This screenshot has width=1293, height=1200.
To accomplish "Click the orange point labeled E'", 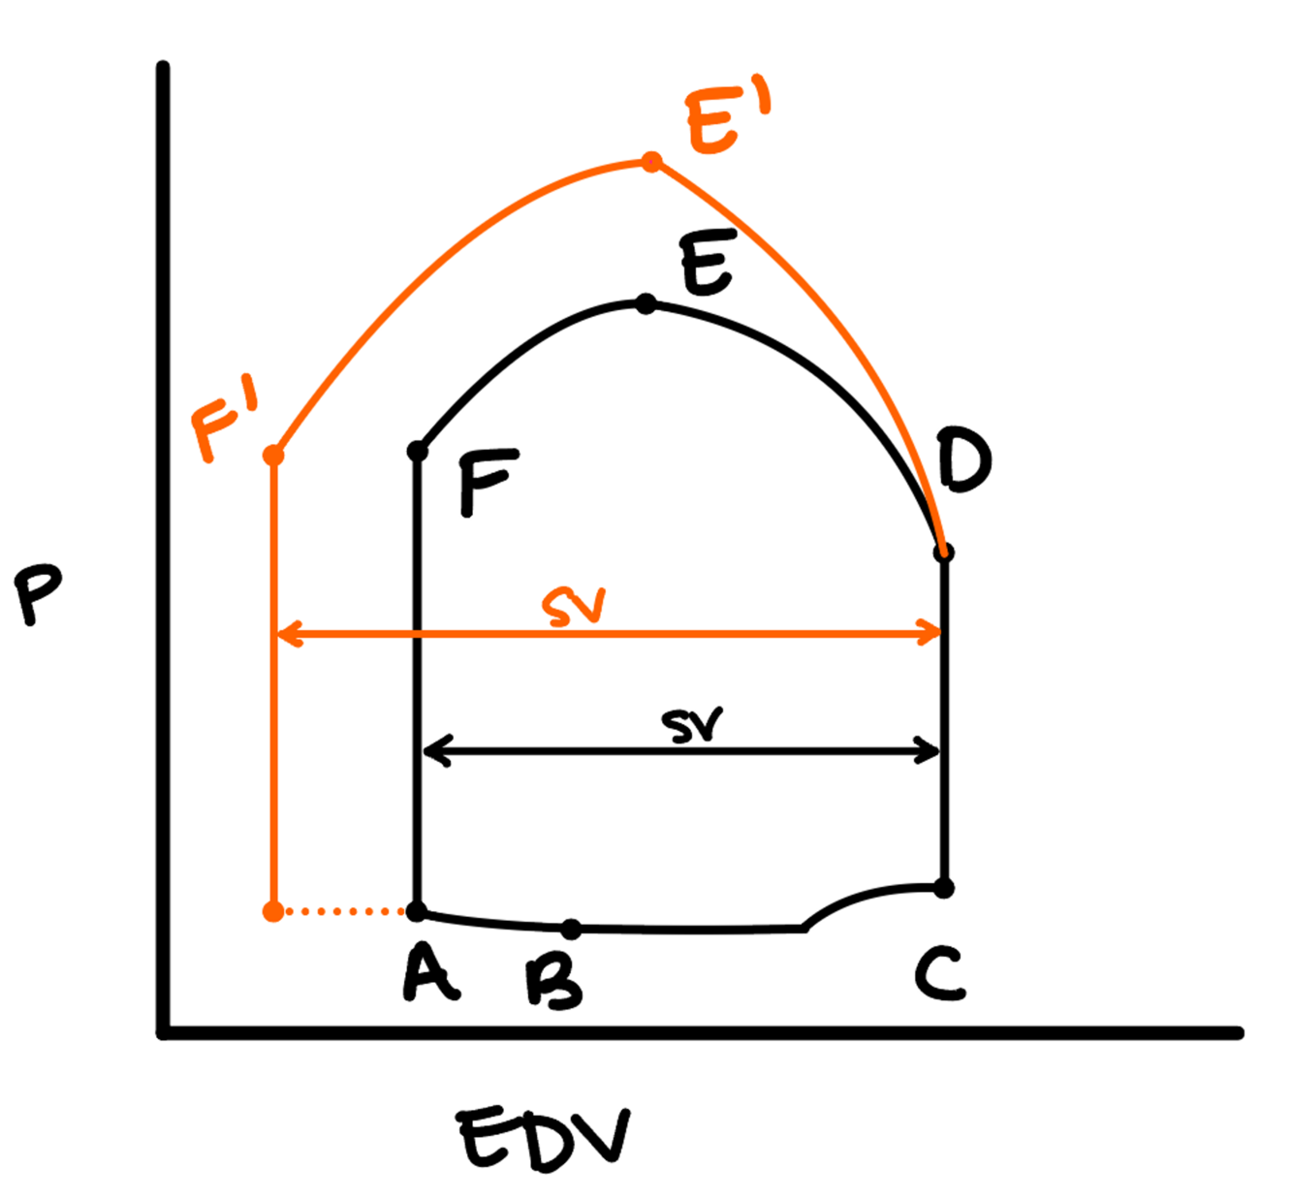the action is click(x=652, y=161).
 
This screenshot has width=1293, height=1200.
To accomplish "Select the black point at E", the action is click(x=646, y=304).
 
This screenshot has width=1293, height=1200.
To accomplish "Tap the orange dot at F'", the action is click(x=273, y=455).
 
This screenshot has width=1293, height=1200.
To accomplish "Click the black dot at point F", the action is click(x=418, y=451).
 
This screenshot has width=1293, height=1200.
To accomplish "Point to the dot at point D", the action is click(x=944, y=553).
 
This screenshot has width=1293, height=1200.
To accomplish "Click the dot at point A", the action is click(x=417, y=911).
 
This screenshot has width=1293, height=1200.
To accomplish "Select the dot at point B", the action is click(x=571, y=929).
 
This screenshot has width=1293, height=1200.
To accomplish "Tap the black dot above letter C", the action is click(x=944, y=887).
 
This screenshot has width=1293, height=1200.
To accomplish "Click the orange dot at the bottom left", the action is click(x=273, y=911).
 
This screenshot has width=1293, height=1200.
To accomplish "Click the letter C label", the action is click(x=939, y=974).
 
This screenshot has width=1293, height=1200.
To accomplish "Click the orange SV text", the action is click(x=574, y=608).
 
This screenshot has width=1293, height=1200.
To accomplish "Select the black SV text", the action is click(x=692, y=725).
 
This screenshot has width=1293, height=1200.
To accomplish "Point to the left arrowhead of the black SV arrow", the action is click(x=431, y=750).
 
